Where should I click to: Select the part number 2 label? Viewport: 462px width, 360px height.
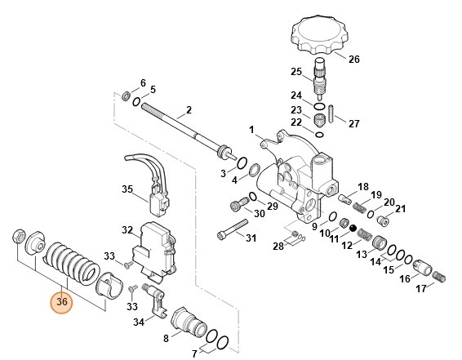coord(189,110)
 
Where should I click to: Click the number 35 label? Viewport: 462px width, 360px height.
coord(127,189)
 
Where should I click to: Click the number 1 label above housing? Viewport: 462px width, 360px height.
coord(252,130)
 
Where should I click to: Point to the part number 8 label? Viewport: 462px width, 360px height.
coord(167,338)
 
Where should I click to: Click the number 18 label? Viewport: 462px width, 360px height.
coord(363,187)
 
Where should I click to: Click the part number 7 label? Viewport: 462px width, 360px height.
coord(194,354)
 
